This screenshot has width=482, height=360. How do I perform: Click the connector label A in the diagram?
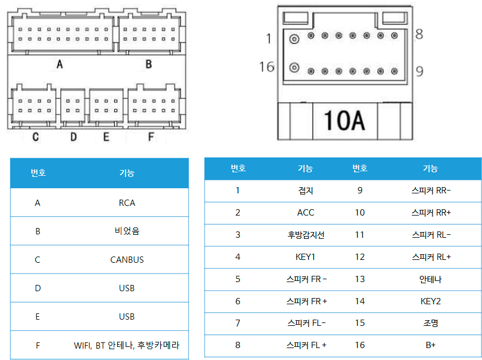(60, 64)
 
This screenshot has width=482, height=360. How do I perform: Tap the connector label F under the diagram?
(151, 136)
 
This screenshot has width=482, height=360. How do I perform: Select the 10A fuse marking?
(344, 121)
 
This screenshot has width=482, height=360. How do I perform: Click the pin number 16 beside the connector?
(267, 67)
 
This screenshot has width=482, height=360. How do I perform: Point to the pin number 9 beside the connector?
(419, 72)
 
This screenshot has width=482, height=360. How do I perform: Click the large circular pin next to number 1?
(294, 39)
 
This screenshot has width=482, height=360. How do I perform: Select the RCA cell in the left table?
(127, 203)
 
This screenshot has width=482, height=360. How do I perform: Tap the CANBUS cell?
(127, 260)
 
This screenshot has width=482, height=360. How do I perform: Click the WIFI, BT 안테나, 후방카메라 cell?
(126, 345)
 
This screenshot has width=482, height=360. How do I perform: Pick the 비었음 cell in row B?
(127, 231)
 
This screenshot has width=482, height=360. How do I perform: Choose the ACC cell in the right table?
(306, 213)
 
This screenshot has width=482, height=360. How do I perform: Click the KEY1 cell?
(305, 257)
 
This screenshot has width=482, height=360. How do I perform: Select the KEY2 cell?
(430, 301)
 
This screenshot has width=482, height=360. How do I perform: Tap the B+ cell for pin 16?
(430, 345)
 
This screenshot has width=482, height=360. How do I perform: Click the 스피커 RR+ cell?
(431, 213)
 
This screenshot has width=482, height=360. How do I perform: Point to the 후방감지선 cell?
(306, 235)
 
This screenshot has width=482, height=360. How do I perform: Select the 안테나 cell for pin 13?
(430, 279)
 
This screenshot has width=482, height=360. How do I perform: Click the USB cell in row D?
(127, 288)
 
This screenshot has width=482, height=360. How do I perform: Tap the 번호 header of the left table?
(38, 173)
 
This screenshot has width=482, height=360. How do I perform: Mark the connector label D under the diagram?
(73, 136)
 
